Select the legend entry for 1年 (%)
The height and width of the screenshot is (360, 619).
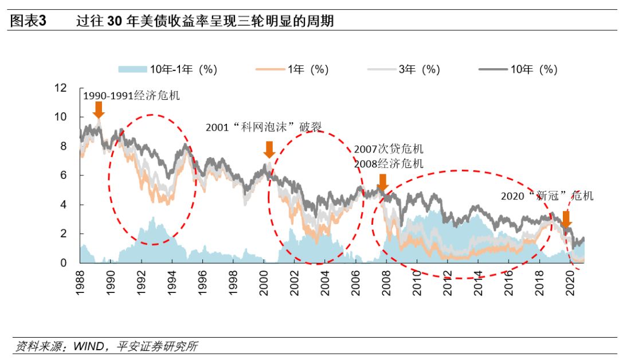click(307, 69)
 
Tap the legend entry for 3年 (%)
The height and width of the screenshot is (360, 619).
click(419, 69)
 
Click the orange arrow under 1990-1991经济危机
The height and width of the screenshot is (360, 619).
click(99, 109)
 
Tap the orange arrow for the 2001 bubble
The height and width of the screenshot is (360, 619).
click(269, 149)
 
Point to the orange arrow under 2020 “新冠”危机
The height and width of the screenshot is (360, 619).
click(566, 219)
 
